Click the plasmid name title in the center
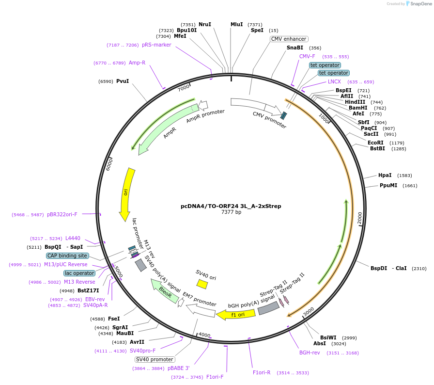click(231, 206)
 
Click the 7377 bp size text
click(231, 212)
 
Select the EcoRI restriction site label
click(375, 143)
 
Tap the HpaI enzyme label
click(385, 175)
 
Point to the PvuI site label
click(123, 81)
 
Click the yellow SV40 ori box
click(202, 284)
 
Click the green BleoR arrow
click(165, 291)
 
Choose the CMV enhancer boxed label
click(289, 39)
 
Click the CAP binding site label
click(67, 256)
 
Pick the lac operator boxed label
click(79, 273)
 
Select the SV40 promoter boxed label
click(155, 359)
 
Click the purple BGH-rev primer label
click(310, 353)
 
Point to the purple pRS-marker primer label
click(156, 45)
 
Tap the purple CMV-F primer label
click(307, 56)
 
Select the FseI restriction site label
click(114, 319)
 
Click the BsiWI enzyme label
click(328, 337)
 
